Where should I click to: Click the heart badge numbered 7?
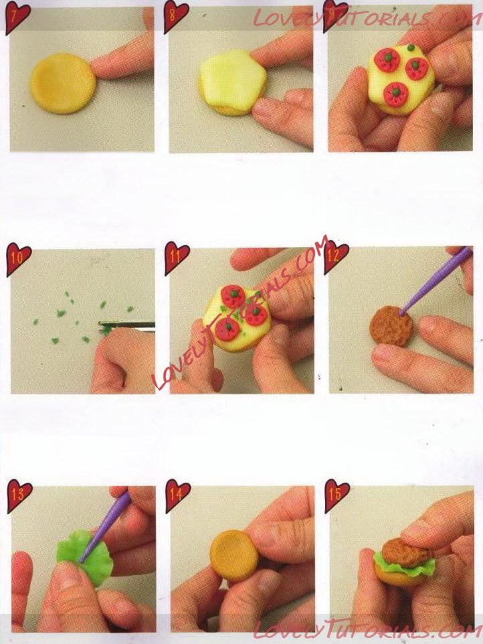17,17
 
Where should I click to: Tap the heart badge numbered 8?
177,17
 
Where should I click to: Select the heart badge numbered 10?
18,259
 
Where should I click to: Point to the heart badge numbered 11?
177,258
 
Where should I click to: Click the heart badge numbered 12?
336,258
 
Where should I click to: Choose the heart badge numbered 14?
178,495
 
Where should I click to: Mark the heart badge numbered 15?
337,495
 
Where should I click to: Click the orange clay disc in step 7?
63,84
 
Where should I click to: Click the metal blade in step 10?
127,325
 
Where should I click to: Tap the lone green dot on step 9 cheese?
409,48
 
